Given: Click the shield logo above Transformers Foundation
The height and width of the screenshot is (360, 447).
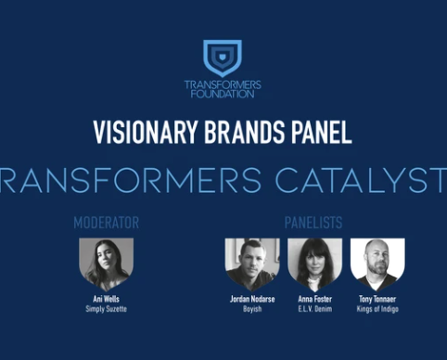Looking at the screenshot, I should pyautogui.click(x=222, y=58).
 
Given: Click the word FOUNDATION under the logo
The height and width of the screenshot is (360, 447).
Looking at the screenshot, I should pyautogui.click(x=223, y=94).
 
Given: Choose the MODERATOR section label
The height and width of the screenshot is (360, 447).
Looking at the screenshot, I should pyautogui.click(x=106, y=223).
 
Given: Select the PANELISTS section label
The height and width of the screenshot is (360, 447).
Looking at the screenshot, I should pyautogui.click(x=313, y=223).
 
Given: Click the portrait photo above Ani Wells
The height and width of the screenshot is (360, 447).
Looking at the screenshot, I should pyautogui.click(x=106, y=263).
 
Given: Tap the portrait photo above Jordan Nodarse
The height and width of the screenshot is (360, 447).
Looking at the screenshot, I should pyautogui.click(x=252, y=263).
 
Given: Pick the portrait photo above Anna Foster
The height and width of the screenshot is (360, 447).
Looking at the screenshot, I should pyautogui.click(x=314, y=263).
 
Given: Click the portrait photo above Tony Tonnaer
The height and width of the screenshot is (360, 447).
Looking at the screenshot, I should pyautogui.click(x=377, y=263).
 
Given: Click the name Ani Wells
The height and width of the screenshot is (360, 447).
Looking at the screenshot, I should pyautogui.click(x=106, y=299).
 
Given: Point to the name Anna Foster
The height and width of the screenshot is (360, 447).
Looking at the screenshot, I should pyautogui.click(x=314, y=299).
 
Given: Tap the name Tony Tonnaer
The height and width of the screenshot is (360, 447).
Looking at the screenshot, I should pyautogui.click(x=377, y=299).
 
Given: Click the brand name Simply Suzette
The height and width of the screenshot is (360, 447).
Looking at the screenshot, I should pyautogui.click(x=106, y=309).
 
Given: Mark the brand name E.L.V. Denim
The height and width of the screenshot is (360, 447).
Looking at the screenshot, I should pyautogui.click(x=314, y=309).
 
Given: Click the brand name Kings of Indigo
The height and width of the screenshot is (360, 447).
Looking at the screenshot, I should pyautogui.click(x=377, y=309).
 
